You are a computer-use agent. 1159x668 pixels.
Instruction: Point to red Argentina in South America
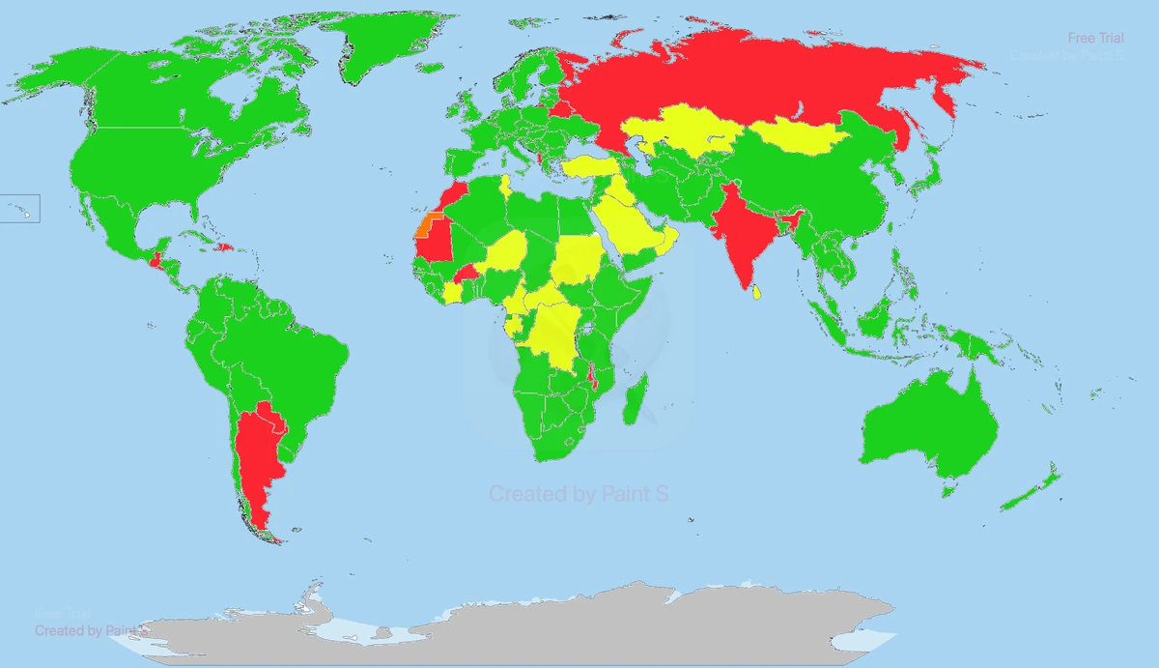259,454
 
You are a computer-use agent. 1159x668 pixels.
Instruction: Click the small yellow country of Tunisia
504,186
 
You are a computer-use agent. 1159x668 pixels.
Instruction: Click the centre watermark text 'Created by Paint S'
579,494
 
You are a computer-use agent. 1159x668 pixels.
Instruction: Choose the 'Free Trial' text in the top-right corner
1095,38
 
